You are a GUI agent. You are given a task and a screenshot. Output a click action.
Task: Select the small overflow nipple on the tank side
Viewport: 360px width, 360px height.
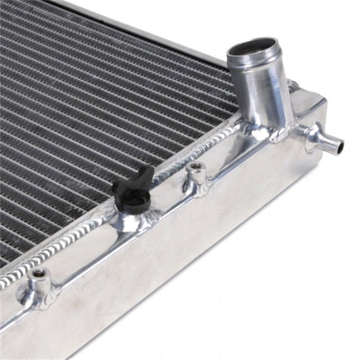326,139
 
